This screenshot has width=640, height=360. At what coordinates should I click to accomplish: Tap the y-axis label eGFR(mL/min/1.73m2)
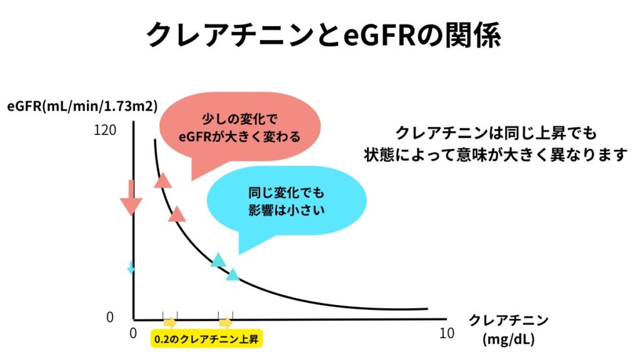(x=82, y=106)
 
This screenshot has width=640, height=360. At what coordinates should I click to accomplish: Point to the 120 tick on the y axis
(x=105, y=130)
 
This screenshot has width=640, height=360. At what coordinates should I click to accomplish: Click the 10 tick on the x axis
(x=447, y=334)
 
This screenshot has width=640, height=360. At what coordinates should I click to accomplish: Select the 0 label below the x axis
(x=133, y=334)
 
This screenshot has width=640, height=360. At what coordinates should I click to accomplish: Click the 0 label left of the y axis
(x=110, y=317)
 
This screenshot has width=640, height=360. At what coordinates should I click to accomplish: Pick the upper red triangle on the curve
(x=163, y=180)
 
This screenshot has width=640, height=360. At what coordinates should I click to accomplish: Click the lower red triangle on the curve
(x=177, y=214)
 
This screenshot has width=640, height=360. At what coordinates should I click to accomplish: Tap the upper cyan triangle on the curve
(x=218, y=260)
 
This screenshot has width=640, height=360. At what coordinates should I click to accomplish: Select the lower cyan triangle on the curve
(x=232, y=274)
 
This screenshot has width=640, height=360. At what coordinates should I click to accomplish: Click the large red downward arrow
(x=131, y=197)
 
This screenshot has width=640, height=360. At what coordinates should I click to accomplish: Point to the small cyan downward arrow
(x=131, y=267)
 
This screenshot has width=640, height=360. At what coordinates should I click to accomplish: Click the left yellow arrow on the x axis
(x=170, y=322)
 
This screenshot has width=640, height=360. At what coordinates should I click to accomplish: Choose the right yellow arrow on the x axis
(x=226, y=322)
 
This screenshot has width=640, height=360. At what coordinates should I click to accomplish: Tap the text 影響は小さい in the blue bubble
(x=286, y=210)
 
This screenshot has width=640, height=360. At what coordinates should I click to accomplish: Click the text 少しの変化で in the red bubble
(x=239, y=119)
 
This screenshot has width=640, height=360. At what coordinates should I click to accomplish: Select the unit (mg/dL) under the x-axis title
(x=509, y=339)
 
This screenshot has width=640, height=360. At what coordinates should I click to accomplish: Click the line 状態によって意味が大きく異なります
(x=496, y=155)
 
